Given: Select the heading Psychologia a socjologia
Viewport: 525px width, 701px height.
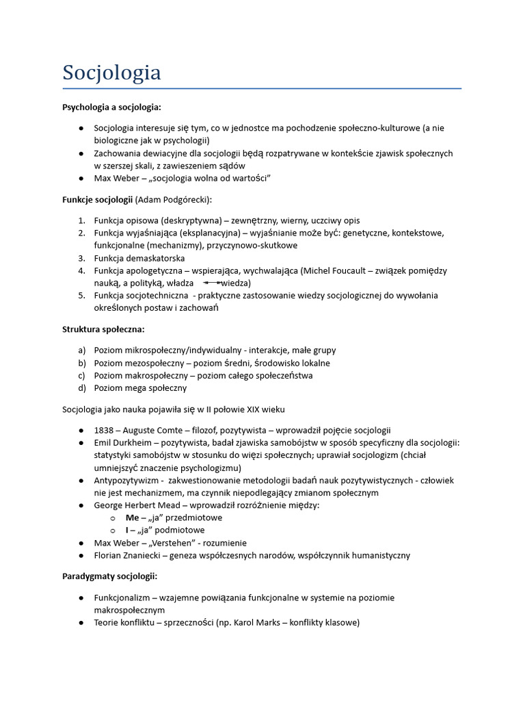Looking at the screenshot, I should coord(111,107).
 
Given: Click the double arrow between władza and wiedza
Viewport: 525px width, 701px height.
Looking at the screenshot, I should coord(213,283).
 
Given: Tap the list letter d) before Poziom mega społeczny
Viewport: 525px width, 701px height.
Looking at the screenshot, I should coord(81,388).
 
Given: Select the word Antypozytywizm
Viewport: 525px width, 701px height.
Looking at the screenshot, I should coord(127,481).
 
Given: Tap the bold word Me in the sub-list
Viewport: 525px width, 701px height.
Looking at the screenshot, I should coord(132,518).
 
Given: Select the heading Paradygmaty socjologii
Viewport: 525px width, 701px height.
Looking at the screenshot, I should coord(110,576).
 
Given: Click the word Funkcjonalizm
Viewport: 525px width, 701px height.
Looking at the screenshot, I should coord(125,598).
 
